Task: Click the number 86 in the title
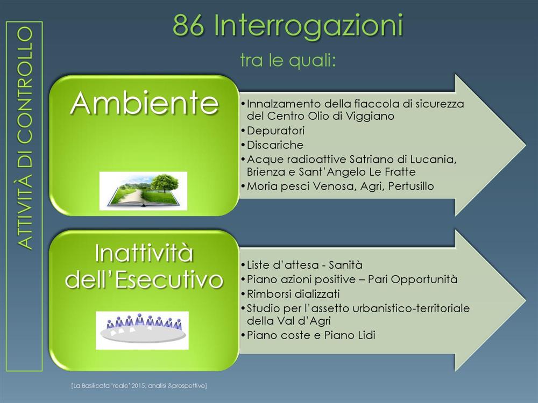pyautogui.click(x=188, y=25)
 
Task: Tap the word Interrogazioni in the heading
pyautogui.click(x=308, y=27)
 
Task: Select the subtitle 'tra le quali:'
pyautogui.click(x=287, y=60)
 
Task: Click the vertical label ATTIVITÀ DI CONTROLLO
pyautogui.click(x=25, y=138)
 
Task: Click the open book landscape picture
pyautogui.click(x=143, y=191)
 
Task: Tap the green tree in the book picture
pyautogui.click(x=165, y=183)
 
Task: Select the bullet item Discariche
pyautogui.click(x=275, y=145)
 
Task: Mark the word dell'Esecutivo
pyautogui.click(x=144, y=279)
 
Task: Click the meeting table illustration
pyautogui.click(x=143, y=330)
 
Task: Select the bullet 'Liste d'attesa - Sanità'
pyautogui.click(x=305, y=265)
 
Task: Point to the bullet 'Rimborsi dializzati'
pyautogui.click(x=293, y=294)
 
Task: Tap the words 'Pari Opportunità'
pyautogui.click(x=413, y=279)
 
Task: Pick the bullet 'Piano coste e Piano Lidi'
pyautogui.click(x=311, y=335)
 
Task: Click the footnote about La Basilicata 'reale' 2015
pyautogui.click(x=139, y=386)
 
